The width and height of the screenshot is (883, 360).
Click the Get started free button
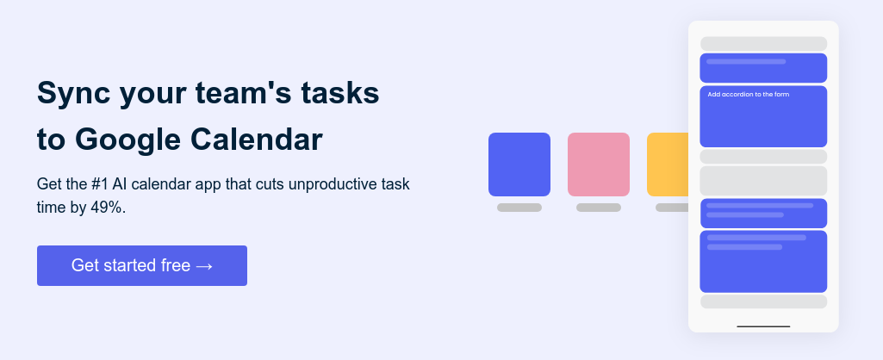[142, 265]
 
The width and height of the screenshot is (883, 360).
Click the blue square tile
[519, 164]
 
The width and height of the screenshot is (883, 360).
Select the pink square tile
[599, 164]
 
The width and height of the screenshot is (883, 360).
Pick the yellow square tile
[668, 164]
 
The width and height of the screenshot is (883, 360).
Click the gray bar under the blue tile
[519, 208]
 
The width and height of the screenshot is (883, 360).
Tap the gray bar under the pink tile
[599, 208]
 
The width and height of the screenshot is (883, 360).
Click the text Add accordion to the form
[749, 95]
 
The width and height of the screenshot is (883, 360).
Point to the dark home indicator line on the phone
[763, 326]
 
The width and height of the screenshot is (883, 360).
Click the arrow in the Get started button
[204, 266]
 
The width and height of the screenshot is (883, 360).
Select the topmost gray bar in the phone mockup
[763, 44]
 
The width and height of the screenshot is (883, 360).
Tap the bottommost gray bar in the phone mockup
[763, 301]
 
